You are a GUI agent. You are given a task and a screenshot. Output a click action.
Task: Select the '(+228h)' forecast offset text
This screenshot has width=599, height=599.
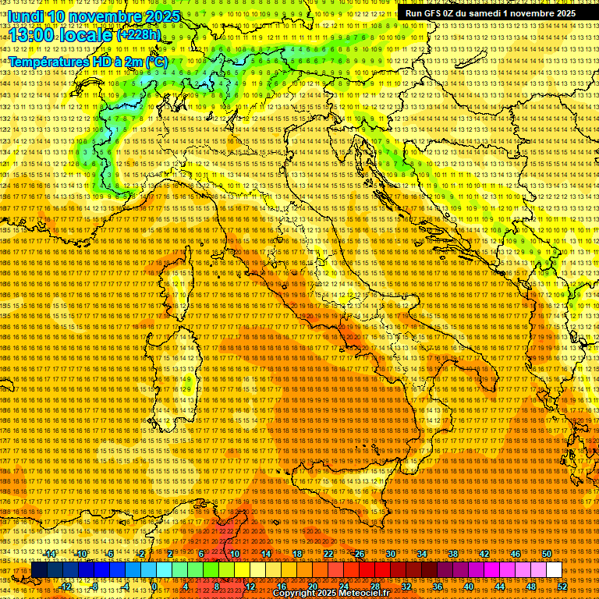tap(139, 34)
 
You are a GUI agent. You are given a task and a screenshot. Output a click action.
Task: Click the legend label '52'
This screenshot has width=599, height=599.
tap(562, 586)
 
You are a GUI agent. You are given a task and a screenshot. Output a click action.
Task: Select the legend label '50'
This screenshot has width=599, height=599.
tap(546, 554)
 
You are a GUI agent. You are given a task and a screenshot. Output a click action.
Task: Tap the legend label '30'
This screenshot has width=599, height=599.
tap(390, 554)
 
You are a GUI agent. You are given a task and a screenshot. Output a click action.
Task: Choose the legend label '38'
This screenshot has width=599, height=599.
tap(452, 554)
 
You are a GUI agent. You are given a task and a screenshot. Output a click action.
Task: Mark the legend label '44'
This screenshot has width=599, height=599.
tap(499, 586)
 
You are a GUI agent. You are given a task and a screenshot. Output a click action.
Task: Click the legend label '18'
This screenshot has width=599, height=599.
tap(296, 554)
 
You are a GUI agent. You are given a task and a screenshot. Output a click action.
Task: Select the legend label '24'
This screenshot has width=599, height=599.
tap(343, 586)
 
